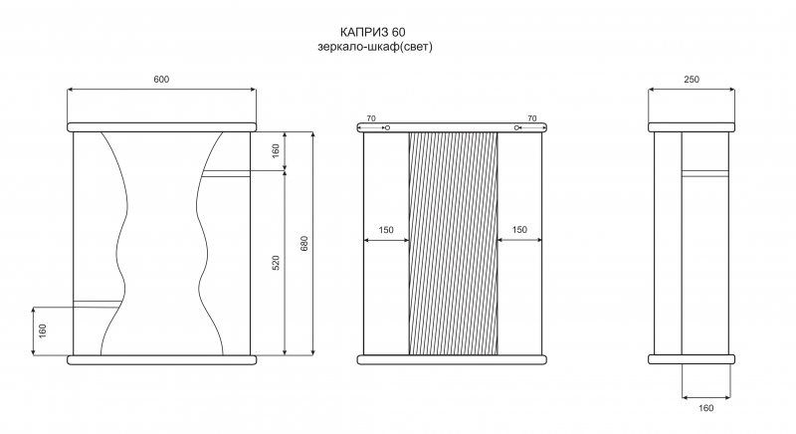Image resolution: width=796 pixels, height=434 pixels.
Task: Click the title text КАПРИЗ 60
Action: click(x=372, y=32)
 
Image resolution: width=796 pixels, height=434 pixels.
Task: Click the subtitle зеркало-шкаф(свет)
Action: click(x=375, y=47)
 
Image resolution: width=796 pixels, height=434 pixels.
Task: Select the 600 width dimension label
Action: click(x=161, y=80)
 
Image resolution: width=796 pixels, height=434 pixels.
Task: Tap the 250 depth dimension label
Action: click(x=692, y=80)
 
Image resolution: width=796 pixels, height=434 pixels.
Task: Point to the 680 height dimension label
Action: click(x=304, y=244)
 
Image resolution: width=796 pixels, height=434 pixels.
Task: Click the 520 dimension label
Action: click(x=277, y=263)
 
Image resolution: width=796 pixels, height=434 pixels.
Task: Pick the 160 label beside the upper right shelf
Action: click(x=277, y=150)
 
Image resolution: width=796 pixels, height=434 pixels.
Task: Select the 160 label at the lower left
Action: click(x=43, y=330)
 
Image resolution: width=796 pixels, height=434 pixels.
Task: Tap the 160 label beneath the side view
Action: click(x=705, y=408)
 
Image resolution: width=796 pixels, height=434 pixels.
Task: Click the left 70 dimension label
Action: click(x=371, y=118)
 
